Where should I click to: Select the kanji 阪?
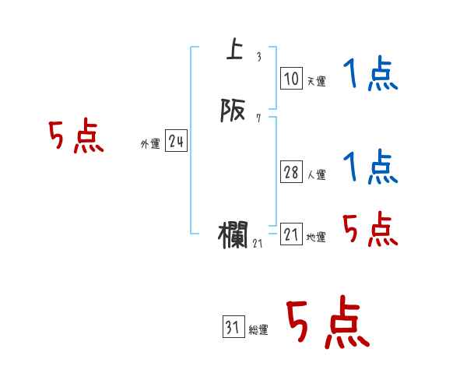coord(232,112)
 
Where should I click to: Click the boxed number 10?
coord(291,79)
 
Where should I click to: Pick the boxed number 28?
coord(291,172)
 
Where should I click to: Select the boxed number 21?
coord(291,234)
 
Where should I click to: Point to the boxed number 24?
coord(176,142)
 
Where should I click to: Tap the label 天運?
coord(316,81)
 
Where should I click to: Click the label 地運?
coord(316,238)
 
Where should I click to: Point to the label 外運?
coord(150,144)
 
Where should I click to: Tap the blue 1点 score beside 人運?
coord(370,168)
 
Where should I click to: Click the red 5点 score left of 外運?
coord(76,138)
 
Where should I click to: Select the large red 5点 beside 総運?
coord(327,323)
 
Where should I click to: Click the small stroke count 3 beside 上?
coord(258,57)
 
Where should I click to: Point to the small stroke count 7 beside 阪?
coord(258,118)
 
